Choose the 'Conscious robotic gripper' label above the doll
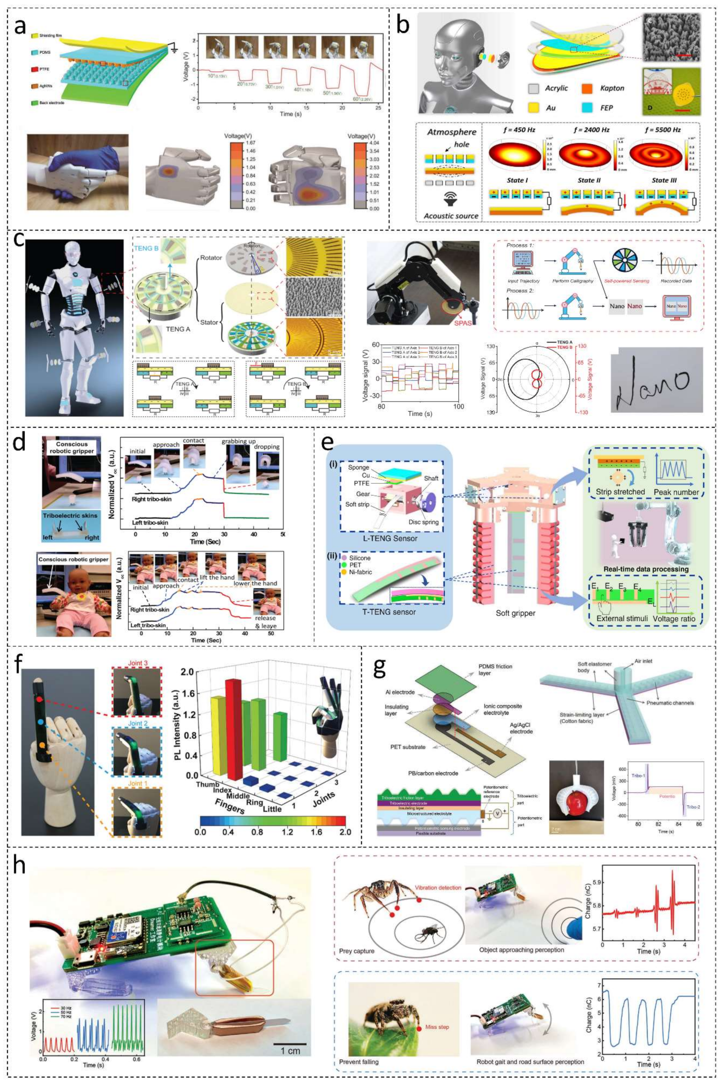[x=73, y=559]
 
